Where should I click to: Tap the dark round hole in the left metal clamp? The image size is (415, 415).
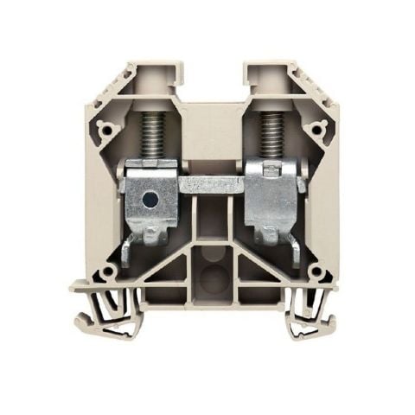click(x=150, y=201)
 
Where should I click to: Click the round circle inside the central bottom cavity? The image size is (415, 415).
click(x=211, y=278)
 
